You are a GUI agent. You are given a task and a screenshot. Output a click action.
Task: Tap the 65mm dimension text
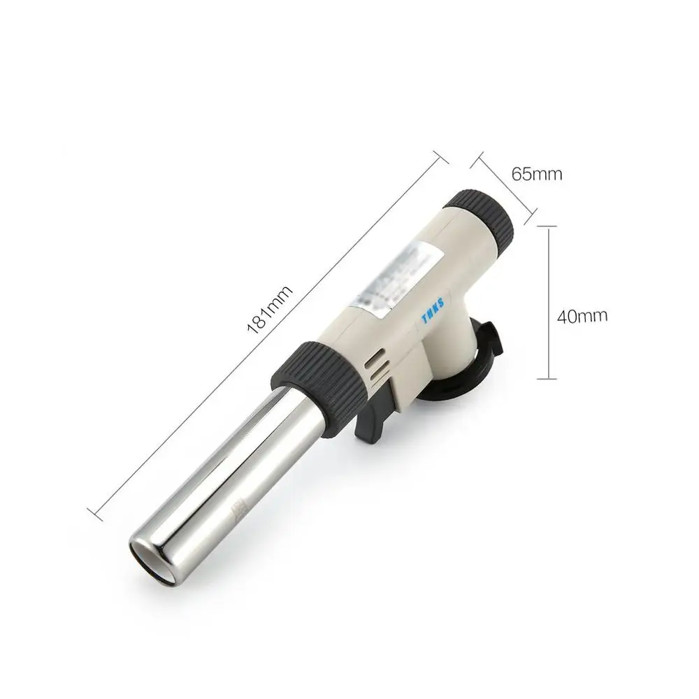pyautogui.click(x=536, y=173)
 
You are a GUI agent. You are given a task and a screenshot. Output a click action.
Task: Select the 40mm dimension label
pyautogui.click(x=582, y=315)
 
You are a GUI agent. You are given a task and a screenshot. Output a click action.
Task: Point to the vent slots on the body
pyautogui.click(x=374, y=366)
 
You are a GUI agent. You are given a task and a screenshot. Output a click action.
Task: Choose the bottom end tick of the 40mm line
pyautogui.click(x=547, y=379)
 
